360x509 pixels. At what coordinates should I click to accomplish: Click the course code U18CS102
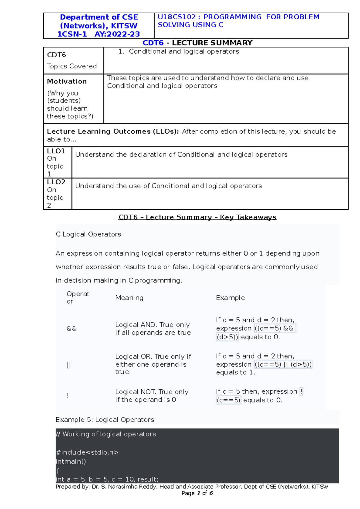pos(176,17)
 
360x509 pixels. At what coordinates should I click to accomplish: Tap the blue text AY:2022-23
pos(117,34)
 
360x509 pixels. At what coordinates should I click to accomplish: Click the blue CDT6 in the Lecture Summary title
pos(153,43)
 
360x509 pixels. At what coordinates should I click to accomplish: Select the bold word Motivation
pos(67,82)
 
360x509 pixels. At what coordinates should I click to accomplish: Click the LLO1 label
pos(56,151)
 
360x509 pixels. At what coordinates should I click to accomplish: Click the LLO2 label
pos(56,182)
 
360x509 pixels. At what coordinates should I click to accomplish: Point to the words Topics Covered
pos(72,66)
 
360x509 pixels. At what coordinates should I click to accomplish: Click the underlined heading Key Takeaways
pos(248,217)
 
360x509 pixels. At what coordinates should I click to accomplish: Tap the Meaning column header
pos(129,298)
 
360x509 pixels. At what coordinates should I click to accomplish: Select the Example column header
pos(230,298)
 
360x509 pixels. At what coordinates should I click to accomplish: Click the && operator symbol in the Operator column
pos(72,329)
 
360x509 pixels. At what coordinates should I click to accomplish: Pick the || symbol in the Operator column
pos(69,365)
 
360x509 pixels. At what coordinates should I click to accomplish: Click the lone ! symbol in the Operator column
pos(68,396)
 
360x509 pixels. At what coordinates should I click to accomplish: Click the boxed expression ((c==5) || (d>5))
pos(283,365)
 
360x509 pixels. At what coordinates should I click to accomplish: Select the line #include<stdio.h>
pos(87,452)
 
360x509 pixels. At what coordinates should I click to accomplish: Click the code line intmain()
pos(71,462)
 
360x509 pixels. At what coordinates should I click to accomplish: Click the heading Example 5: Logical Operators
pos(105,420)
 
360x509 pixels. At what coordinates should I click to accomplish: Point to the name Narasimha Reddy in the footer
pos(132,487)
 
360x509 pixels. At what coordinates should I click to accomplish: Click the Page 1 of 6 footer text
pos(197,493)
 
